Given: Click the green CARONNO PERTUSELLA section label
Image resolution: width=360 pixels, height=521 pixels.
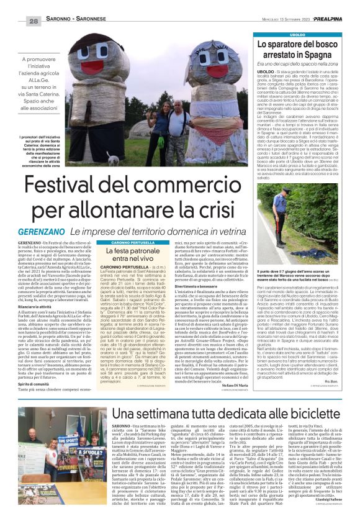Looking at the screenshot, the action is pos(129,258).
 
